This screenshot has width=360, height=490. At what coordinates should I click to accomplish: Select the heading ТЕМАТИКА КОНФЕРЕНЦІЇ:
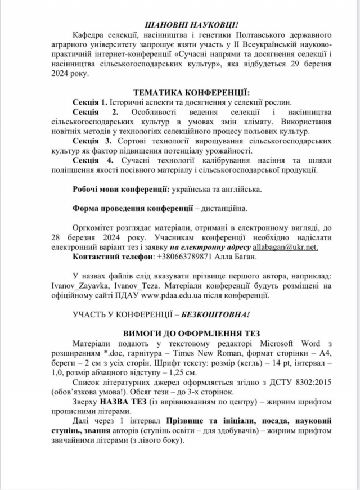click(191, 92)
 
